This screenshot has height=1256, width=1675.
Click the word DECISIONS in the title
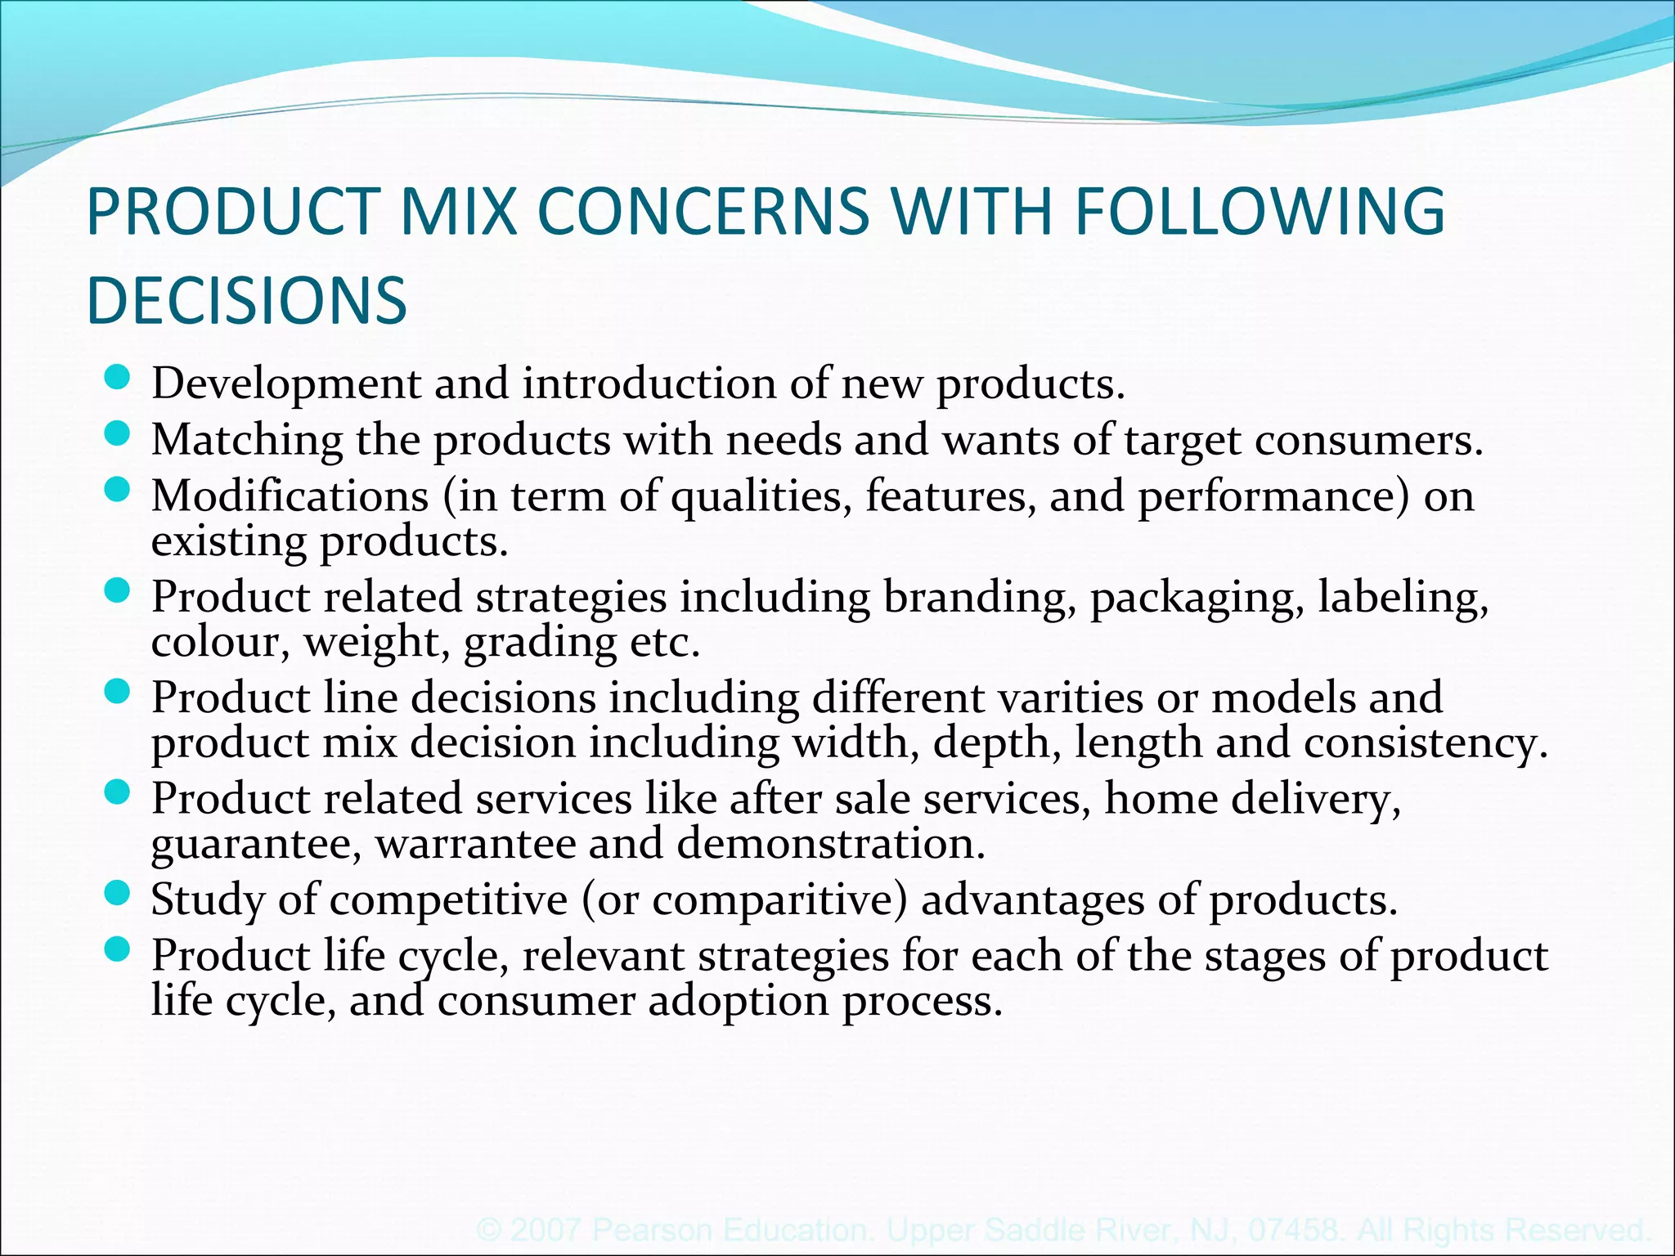pos(246,300)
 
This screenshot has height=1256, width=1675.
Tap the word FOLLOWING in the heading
pos(1260,212)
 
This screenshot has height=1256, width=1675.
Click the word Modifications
pos(290,496)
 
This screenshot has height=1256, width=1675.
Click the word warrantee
pos(475,844)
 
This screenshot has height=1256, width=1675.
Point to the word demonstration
pos(830,844)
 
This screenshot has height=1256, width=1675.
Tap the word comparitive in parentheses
pos(779,900)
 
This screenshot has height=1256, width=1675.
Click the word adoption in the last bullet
pos(738,1001)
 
